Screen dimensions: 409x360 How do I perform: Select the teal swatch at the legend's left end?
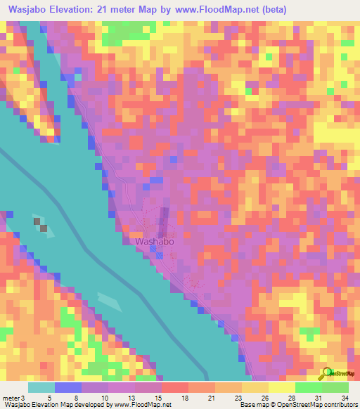pos(41,388)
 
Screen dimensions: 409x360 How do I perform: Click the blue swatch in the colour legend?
pos(67,388)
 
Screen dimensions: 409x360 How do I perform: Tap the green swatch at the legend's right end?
pos(335,388)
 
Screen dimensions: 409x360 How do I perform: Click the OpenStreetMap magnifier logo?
pos(326,373)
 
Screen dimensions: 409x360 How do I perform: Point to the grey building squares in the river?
pos(41,225)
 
